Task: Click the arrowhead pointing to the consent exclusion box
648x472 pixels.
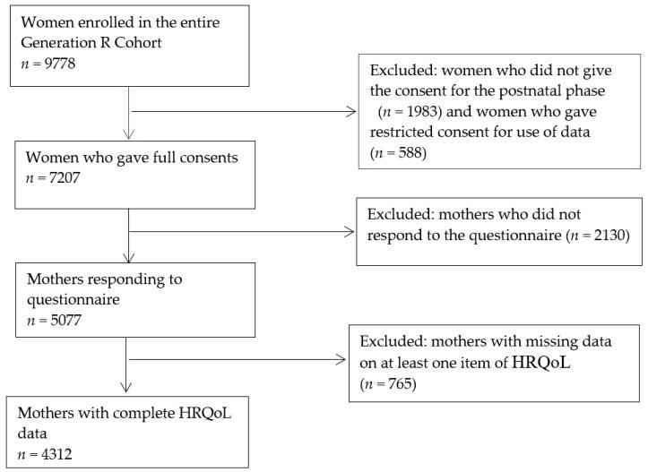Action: pyautogui.click(x=351, y=112)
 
